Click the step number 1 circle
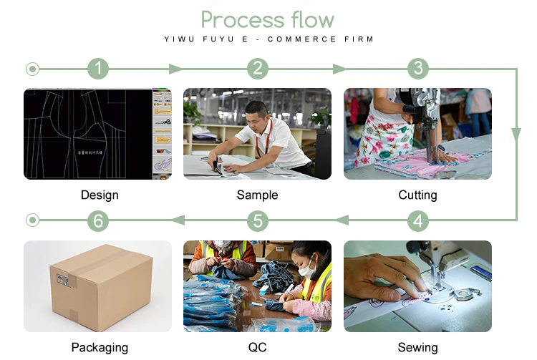click(98, 69)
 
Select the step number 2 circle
click(258, 69)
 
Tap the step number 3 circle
click(418, 69)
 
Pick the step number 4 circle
click(418, 220)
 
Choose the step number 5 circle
click(258, 220)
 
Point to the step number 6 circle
click(98, 220)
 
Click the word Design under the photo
click(100, 195)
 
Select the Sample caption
click(257, 195)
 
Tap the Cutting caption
click(417, 195)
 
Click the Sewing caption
click(417, 347)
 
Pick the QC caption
click(257, 347)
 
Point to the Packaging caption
click(100, 347)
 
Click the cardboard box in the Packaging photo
click(101, 286)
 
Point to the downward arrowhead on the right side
click(516, 135)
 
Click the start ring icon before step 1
click(32, 69)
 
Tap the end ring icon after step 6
click(32, 220)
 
